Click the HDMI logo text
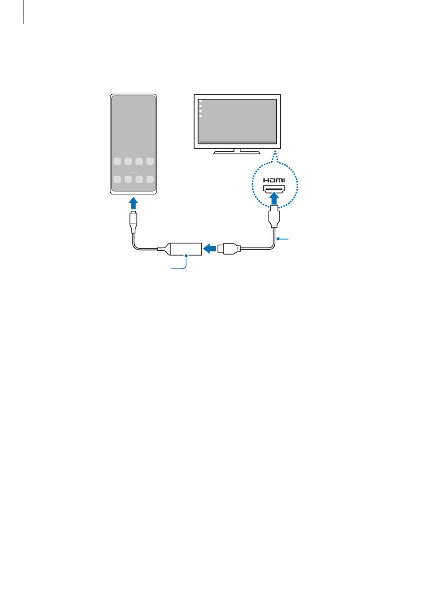274,180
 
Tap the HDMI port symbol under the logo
274,189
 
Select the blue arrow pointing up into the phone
133,203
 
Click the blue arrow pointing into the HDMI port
274,198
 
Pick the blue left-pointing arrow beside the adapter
209,249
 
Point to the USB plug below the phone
133,222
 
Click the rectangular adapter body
186,249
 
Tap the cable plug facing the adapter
229,249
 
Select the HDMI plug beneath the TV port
274,216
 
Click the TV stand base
237,152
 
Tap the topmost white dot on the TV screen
200,101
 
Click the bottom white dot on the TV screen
200,116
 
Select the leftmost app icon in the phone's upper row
117,161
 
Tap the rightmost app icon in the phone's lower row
150,179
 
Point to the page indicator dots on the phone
133,172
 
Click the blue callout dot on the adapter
186,255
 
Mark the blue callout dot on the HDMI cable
278,239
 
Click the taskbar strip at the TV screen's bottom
237,143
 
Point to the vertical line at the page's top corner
23,12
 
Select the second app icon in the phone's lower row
128,179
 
